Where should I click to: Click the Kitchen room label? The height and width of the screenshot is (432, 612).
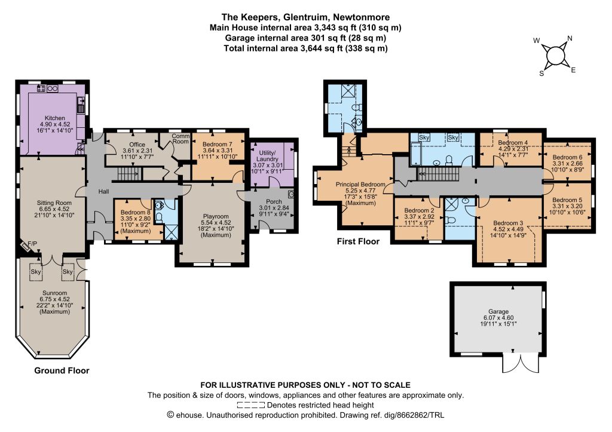54,118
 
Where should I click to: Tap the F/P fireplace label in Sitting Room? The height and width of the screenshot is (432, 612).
32,244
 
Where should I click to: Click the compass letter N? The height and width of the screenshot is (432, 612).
570,38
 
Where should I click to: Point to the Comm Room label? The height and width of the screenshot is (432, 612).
180,139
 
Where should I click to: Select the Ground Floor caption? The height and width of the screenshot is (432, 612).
62,370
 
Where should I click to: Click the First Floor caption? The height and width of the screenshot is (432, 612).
358,241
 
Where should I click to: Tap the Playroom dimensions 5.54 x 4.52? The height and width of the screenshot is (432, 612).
216,223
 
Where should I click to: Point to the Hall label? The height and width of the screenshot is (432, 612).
103,192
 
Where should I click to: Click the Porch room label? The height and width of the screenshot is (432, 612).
274,201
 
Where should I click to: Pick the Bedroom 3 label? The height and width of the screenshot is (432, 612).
508,223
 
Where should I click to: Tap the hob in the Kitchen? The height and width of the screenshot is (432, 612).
41,88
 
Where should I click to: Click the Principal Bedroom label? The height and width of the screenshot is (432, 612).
360,184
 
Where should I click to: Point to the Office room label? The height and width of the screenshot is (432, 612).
137,145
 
